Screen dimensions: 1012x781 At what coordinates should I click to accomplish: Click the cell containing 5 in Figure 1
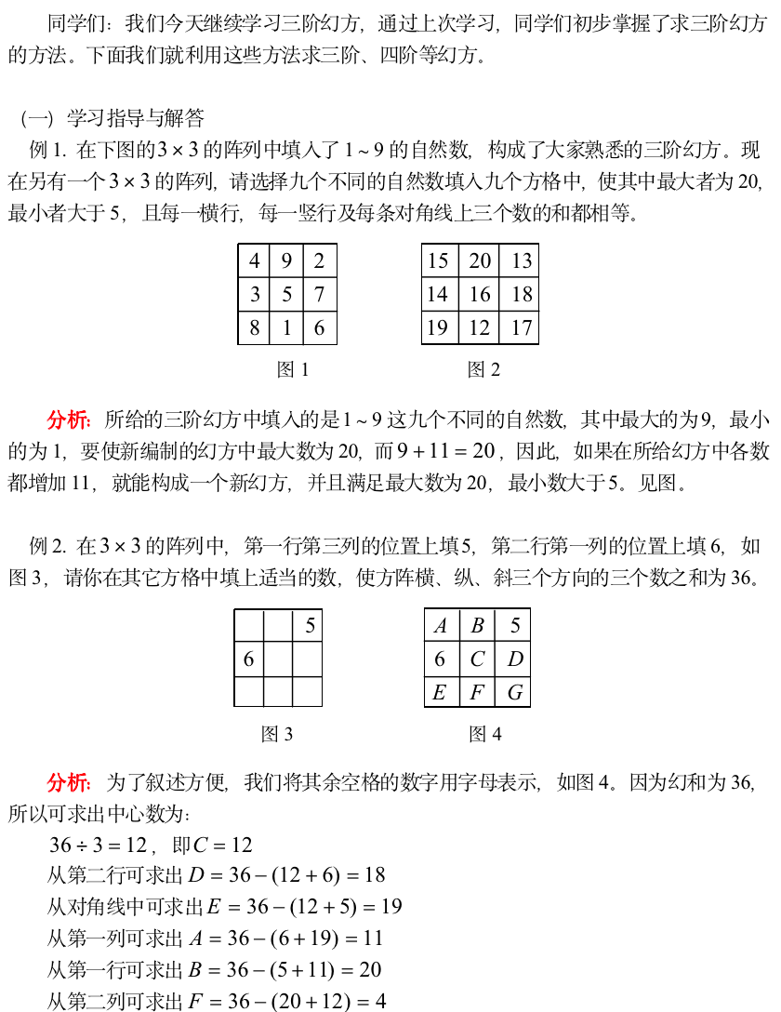click(x=286, y=295)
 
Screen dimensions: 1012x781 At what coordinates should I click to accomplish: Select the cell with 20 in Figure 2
click(x=480, y=261)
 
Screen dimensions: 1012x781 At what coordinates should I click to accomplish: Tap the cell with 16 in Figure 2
click(x=480, y=295)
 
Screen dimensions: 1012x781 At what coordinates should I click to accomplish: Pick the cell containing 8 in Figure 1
click(x=254, y=327)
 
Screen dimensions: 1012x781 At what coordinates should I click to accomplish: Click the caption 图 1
click(x=293, y=370)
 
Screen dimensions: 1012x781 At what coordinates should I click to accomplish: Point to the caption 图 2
click(x=483, y=370)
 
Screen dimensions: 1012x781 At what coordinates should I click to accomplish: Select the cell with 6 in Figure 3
click(x=248, y=659)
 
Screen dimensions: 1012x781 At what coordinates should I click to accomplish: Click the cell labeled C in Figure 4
click(x=477, y=659)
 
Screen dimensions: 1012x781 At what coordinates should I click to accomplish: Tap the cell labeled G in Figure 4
click(x=514, y=693)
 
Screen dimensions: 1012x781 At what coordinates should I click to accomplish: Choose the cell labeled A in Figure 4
click(x=440, y=626)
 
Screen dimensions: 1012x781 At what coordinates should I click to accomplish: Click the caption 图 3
click(x=277, y=735)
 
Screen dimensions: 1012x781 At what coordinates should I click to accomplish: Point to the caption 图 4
click(x=485, y=735)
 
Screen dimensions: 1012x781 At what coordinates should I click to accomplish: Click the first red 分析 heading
click(x=68, y=419)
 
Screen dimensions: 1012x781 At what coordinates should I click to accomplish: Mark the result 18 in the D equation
click(x=375, y=875)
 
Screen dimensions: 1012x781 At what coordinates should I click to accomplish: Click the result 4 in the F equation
click(x=380, y=1002)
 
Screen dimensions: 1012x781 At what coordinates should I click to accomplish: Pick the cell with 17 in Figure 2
click(x=522, y=327)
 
